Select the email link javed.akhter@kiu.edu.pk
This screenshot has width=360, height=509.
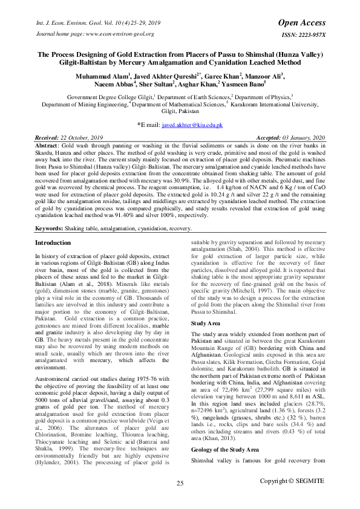(x=192, y=125)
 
